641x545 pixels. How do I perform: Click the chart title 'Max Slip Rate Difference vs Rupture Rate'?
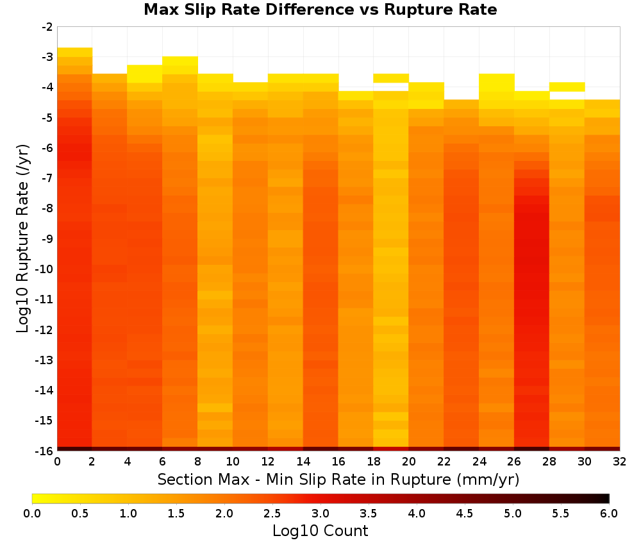(320, 10)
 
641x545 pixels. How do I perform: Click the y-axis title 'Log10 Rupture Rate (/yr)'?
(22, 239)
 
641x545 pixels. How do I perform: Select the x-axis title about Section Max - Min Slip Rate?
(338, 479)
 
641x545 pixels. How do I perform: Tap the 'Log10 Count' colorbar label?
(320, 531)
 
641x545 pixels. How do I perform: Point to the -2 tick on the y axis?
(47, 27)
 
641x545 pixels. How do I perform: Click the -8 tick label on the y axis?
(47, 208)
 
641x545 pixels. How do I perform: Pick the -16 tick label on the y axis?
(45, 451)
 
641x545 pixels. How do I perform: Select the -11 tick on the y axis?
(45, 299)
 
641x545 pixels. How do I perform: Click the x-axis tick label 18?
(373, 462)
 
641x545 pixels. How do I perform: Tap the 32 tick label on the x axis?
(619, 462)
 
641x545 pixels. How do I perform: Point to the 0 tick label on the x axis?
(57, 462)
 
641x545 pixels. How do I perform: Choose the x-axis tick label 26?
(514, 462)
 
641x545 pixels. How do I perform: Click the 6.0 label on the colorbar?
(609, 514)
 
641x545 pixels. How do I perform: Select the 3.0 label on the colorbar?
(320, 514)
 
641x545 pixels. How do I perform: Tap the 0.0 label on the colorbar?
(32, 514)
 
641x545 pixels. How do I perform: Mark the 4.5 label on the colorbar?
(464, 514)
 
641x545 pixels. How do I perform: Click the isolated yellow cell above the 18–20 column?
(391, 78)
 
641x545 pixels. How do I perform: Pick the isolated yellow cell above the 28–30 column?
(567, 87)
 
